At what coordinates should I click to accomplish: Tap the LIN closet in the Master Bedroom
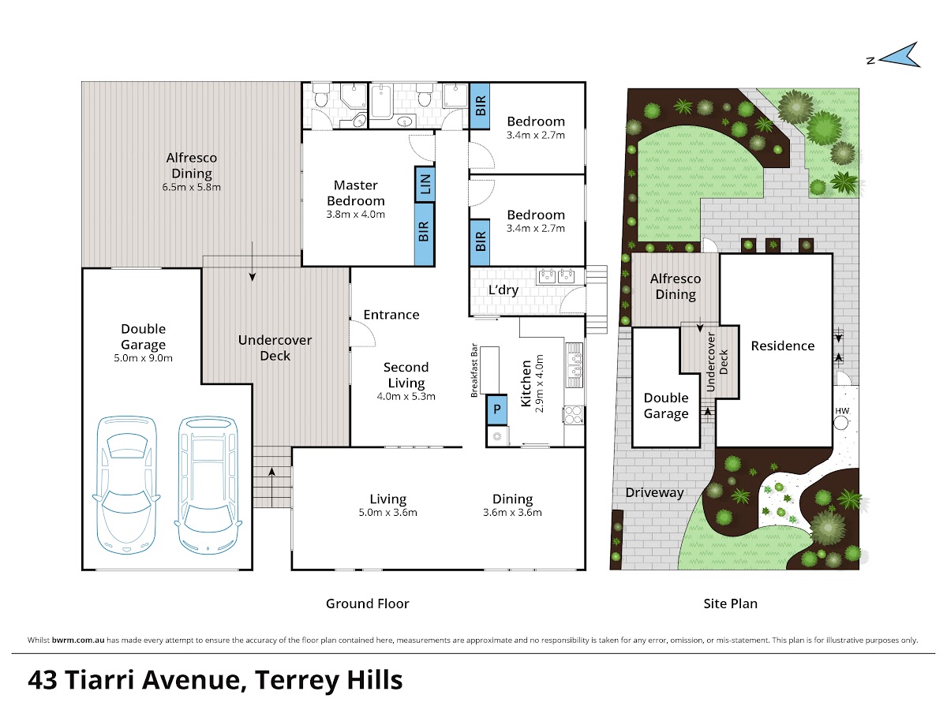coord(425,184)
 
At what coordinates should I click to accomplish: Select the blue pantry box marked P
coord(496,409)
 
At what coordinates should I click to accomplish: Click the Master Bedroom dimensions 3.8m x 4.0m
coord(355,215)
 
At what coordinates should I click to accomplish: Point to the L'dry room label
coord(503,290)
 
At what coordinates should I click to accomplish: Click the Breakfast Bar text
coord(474,370)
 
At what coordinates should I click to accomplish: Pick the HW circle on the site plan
coord(840,423)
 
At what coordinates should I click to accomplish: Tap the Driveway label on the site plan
coord(654,493)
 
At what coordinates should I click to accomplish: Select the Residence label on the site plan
coord(783,346)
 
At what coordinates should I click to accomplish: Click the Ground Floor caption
coord(367,603)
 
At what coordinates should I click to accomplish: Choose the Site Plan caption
coord(731,603)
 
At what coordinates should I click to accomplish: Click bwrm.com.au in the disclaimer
coord(78,640)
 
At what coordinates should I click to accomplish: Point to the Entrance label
coord(391,315)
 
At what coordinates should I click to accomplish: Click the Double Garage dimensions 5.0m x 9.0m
coord(144,358)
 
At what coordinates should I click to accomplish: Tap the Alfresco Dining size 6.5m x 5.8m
coord(191,187)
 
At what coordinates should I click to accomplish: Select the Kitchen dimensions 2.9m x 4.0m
coord(539,383)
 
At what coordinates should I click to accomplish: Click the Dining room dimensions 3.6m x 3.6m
coord(512,513)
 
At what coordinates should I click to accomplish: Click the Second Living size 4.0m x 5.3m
coord(406,397)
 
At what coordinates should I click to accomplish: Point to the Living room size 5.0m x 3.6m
coord(387,513)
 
